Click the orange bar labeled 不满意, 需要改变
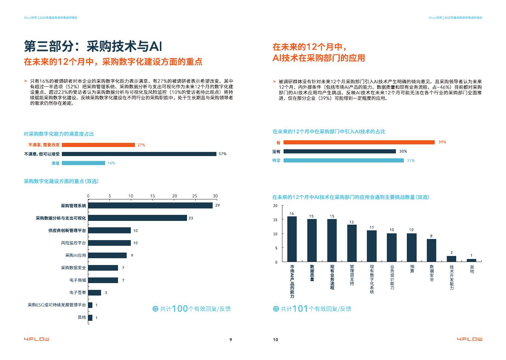(x=98, y=145)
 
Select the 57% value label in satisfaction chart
(x=222, y=154)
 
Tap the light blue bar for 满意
(x=83, y=163)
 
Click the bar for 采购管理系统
(x=150, y=205)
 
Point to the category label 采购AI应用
(x=75, y=255)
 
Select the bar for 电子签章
(x=95, y=293)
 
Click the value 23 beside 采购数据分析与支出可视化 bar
(x=191, y=218)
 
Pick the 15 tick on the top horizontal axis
(x=152, y=196)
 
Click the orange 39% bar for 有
(x=359, y=142)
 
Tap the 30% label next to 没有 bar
(x=403, y=151)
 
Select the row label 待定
(x=276, y=161)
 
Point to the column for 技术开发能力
(x=451, y=259)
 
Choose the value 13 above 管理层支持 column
(x=352, y=222)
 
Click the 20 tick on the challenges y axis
(x=275, y=206)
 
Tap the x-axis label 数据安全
(x=432, y=273)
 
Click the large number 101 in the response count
(x=300, y=309)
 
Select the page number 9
(x=231, y=340)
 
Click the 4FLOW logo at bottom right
(x=469, y=339)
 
